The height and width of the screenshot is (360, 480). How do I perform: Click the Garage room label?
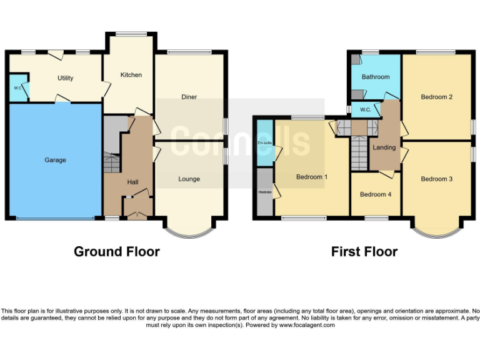coord(55,160)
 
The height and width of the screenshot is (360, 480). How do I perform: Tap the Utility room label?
coord(65,78)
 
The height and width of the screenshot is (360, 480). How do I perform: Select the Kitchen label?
coord(131,75)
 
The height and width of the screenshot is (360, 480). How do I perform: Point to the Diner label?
coord(189,97)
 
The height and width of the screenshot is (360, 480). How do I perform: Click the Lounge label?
coord(189,179)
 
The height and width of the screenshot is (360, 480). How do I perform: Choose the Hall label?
coord(132,182)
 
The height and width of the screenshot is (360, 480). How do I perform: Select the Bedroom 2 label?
coord(436,97)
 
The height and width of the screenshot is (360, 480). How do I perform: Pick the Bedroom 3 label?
coord(436,179)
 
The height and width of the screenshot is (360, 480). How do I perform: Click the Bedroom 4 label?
coord(376,194)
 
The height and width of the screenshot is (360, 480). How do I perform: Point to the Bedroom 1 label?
coord(312,177)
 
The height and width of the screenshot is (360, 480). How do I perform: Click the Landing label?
coord(384,147)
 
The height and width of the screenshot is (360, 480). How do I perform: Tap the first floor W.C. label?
coord(366,110)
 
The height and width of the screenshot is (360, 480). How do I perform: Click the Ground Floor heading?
coord(116,252)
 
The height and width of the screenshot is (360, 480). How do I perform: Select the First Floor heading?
coord(364,252)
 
